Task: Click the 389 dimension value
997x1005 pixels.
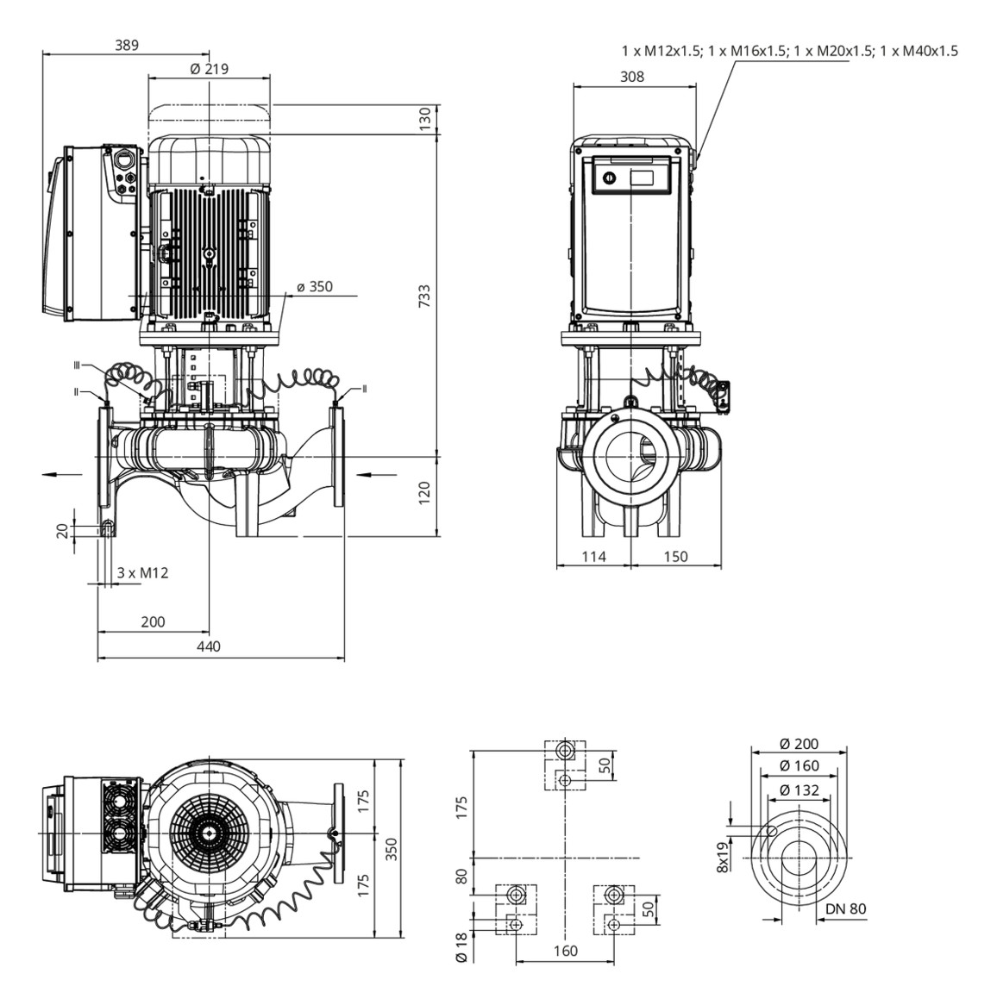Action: [126, 45]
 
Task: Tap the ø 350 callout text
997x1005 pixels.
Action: [314, 286]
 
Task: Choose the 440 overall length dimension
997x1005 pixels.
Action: [209, 646]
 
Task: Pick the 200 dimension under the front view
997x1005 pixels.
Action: [152, 621]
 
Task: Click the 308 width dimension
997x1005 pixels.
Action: [632, 77]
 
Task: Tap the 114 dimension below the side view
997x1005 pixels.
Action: [593, 557]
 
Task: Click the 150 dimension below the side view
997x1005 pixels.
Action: [675, 557]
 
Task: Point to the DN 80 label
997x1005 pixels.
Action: [846, 908]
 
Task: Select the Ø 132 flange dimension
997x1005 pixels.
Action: [799, 789]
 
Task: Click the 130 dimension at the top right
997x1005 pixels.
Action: [423, 120]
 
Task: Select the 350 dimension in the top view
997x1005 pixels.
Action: [392, 850]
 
